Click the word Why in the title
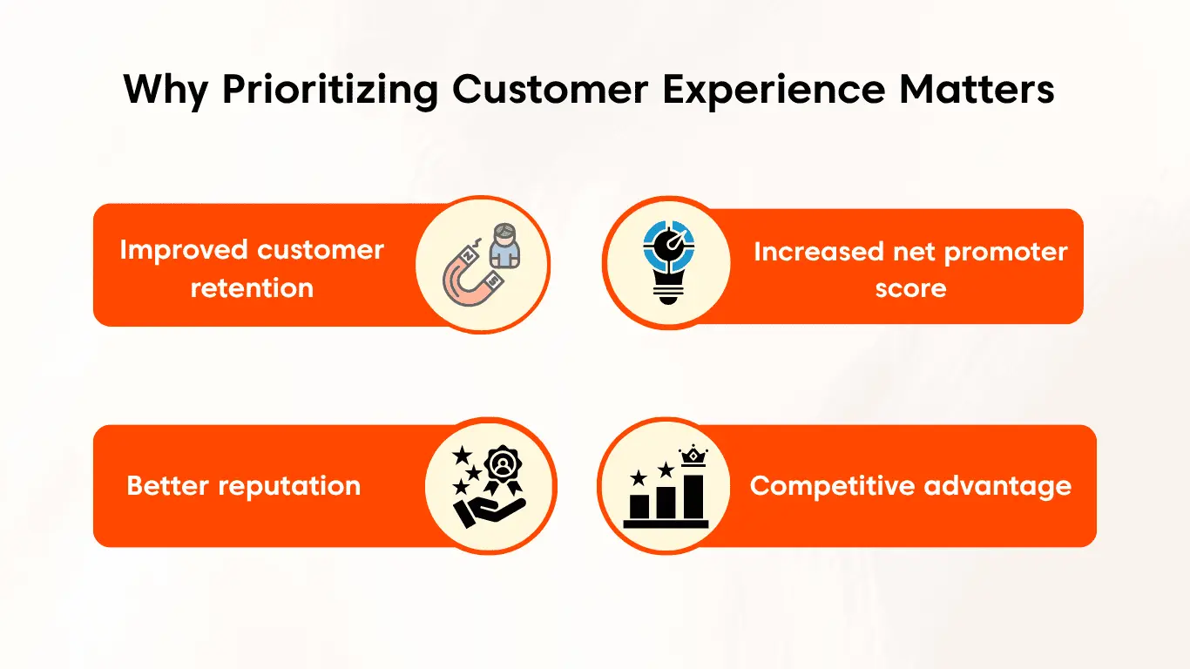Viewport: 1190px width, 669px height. (x=166, y=91)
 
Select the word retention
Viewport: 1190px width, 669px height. (x=252, y=287)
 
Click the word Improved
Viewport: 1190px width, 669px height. (x=177, y=250)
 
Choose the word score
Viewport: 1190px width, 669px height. (x=910, y=287)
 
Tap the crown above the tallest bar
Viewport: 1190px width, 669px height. (x=695, y=456)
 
